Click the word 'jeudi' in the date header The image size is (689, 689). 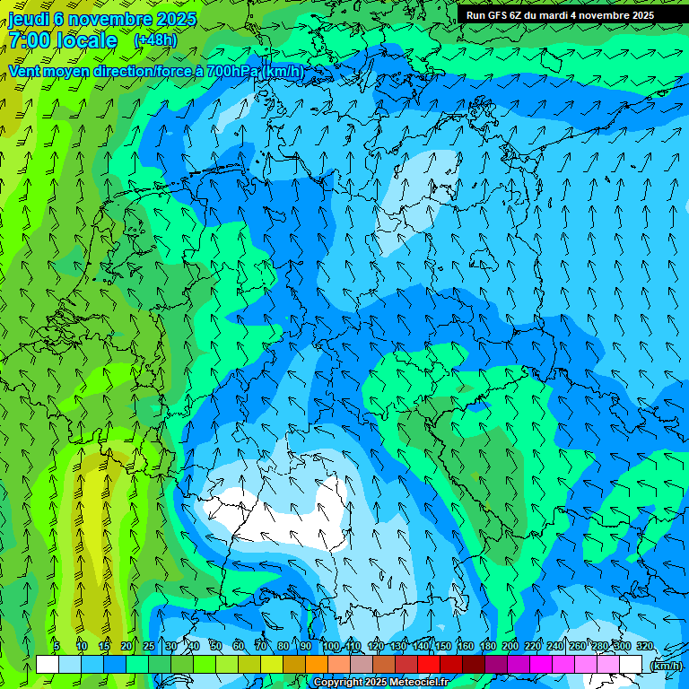coord(31,19)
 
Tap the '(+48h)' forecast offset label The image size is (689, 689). coord(155,40)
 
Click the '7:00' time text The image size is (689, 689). coord(32,40)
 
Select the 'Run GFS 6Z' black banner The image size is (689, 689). coord(560,15)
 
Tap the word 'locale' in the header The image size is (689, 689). coord(86,40)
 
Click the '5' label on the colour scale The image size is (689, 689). coord(57,646)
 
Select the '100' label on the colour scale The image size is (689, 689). coord(331,646)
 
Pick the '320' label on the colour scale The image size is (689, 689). coord(644,646)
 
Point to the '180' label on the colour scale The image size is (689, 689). coord(488,646)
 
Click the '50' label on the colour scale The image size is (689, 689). coord(215,646)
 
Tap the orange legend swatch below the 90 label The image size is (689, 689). coord(317,664)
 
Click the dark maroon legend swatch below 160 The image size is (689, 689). coord(474,664)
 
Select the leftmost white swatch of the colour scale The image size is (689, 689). coord(48,664)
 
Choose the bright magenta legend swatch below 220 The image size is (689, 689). coord(541,664)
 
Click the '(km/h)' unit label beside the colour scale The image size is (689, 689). coord(666,666)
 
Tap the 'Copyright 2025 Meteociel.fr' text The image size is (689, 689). coord(380,683)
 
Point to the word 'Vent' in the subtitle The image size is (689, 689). coord(25,71)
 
